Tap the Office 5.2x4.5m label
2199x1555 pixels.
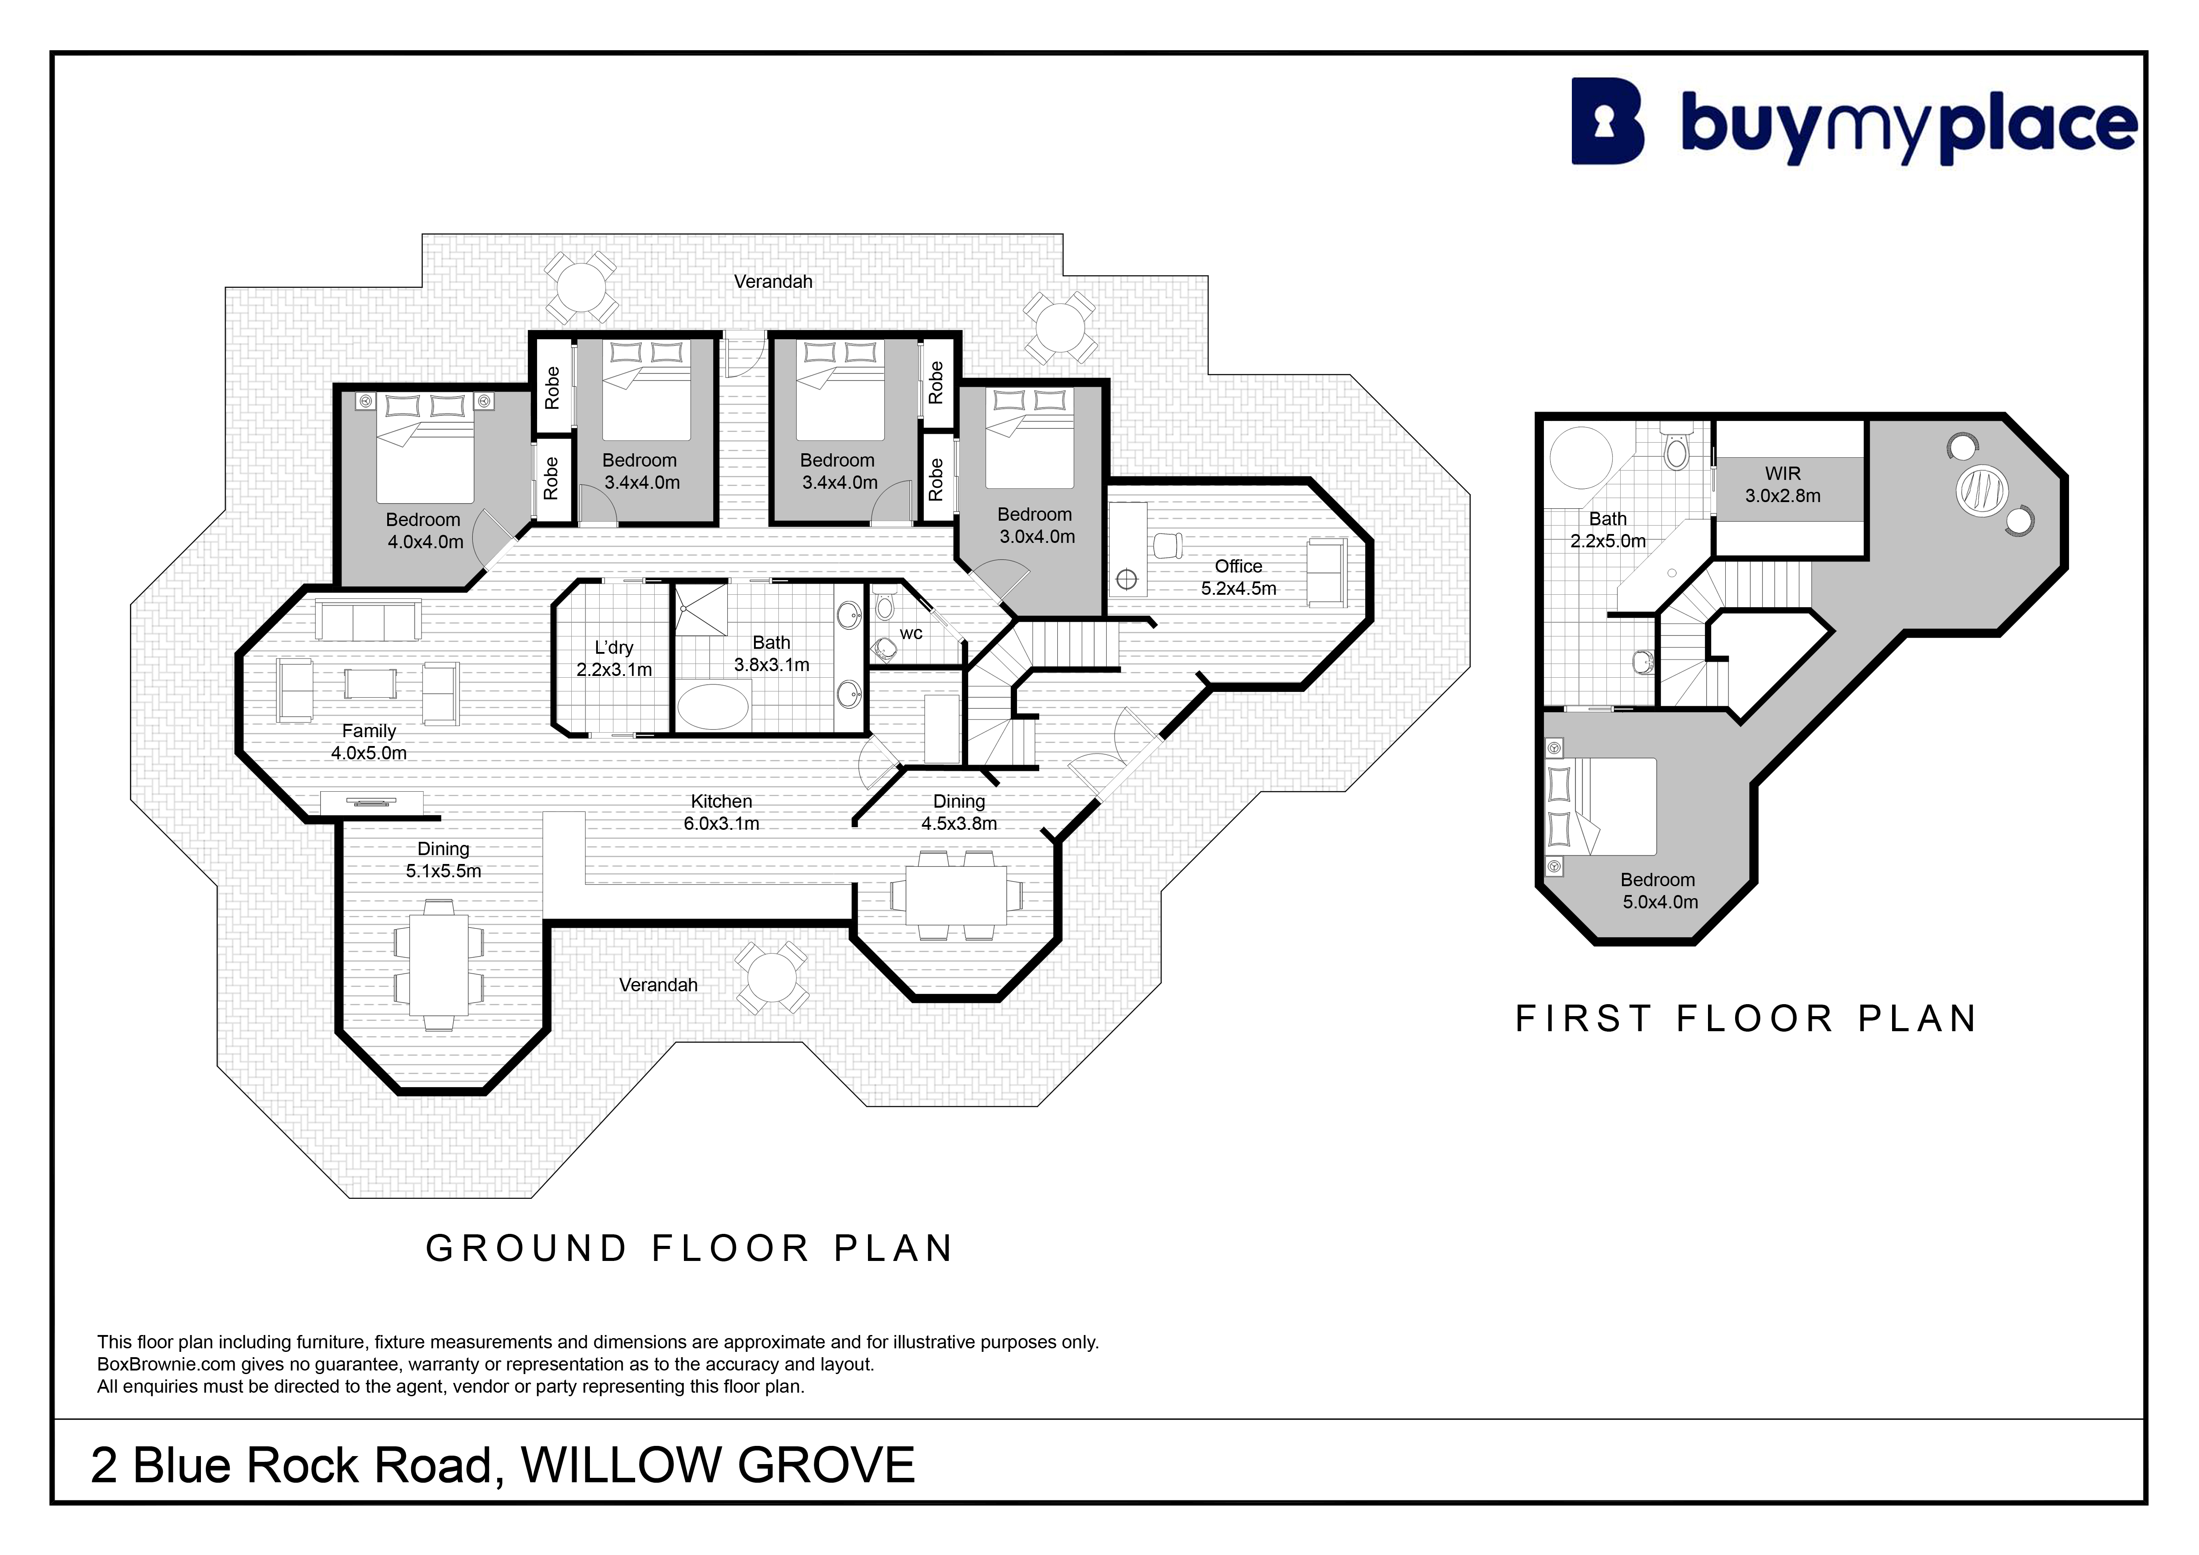(1238, 577)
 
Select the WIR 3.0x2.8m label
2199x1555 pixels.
(1783, 484)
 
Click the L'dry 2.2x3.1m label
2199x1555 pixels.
(614, 659)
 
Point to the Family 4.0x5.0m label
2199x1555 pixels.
(369, 742)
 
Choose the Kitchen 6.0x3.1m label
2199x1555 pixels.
(721, 812)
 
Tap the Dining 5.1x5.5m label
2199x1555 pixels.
(444, 860)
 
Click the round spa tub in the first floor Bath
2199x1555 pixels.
(1581, 458)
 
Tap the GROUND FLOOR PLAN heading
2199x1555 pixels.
(690, 1249)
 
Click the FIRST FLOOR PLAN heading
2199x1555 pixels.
(1746, 1019)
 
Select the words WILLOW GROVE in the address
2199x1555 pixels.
(719, 1465)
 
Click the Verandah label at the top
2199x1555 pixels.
(773, 282)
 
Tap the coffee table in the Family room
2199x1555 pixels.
(371, 683)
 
